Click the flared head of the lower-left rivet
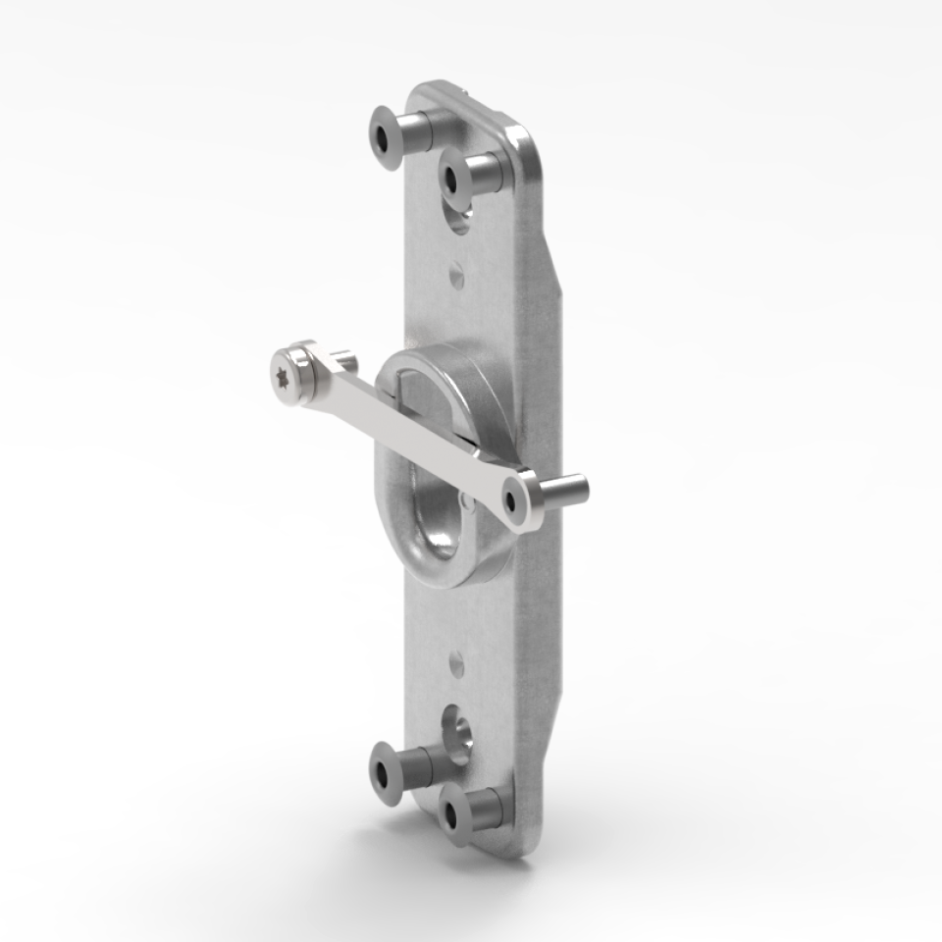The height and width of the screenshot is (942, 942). pyautogui.click(x=387, y=772)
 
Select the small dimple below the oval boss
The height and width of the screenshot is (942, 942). pyautogui.click(x=456, y=664)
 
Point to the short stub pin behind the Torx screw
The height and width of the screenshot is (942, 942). pyautogui.click(x=342, y=358)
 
